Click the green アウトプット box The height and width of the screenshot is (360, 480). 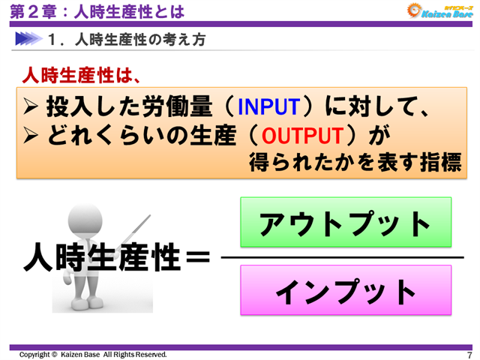[x=345, y=223]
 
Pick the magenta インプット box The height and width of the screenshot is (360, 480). [x=345, y=290]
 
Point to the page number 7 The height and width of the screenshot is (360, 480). [x=469, y=355]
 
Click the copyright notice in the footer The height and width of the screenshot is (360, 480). [x=93, y=354]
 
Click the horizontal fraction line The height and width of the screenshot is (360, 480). [x=342, y=257]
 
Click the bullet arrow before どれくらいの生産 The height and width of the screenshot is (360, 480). [x=32, y=136]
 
